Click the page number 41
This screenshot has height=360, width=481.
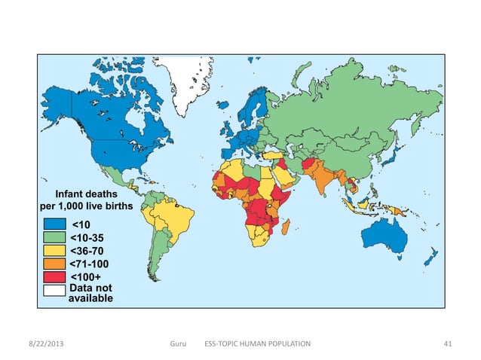click(448, 343)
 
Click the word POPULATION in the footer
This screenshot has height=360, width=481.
click(285, 343)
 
